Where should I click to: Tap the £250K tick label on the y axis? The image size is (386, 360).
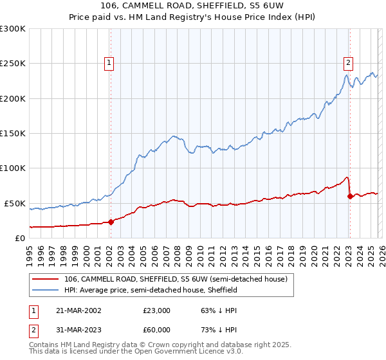click(x=12, y=64)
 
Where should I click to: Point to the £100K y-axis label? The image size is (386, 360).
click(x=12, y=168)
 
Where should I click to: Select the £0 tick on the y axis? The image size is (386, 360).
click(x=19, y=238)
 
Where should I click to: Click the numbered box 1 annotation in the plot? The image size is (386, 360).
click(x=109, y=63)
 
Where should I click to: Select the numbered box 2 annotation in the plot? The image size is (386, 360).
click(x=348, y=63)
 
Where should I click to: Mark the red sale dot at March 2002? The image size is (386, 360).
click(x=111, y=222)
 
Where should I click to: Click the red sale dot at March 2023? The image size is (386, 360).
click(x=350, y=196)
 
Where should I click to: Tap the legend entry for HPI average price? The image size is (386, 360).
click(x=151, y=290)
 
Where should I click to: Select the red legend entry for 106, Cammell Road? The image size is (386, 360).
click(x=170, y=278)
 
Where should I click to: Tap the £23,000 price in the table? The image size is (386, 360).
click(x=157, y=310)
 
